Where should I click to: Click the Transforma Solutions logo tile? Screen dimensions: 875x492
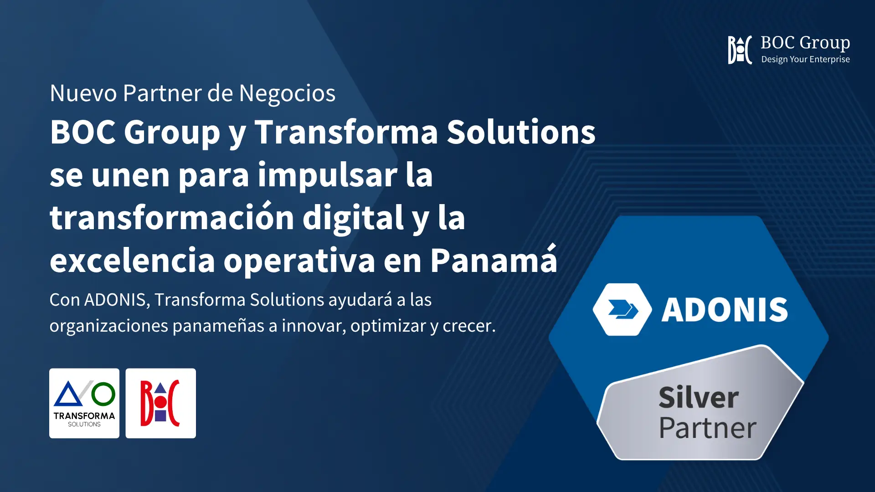tap(84, 403)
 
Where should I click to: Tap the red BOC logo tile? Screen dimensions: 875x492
tap(161, 403)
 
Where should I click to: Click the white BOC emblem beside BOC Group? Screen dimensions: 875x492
tap(740, 50)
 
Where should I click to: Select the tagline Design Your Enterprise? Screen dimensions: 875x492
tap(805, 60)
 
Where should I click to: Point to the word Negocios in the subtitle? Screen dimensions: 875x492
tap(287, 93)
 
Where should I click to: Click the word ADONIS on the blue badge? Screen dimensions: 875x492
tap(725, 310)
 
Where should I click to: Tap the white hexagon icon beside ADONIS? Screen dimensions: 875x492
tap(623, 310)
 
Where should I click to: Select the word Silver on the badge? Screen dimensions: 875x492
tap(699, 397)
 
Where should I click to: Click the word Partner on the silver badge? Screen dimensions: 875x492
tap(708, 428)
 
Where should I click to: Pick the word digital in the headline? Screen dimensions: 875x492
tap(353, 217)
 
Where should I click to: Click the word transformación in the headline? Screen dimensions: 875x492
tap(172, 217)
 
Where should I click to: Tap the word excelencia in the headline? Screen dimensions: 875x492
tap(132, 261)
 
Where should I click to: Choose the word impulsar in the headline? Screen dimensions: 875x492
tap(328, 175)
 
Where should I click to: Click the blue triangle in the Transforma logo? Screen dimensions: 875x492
tap(68, 395)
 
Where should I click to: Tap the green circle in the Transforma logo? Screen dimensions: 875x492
tap(103, 394)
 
